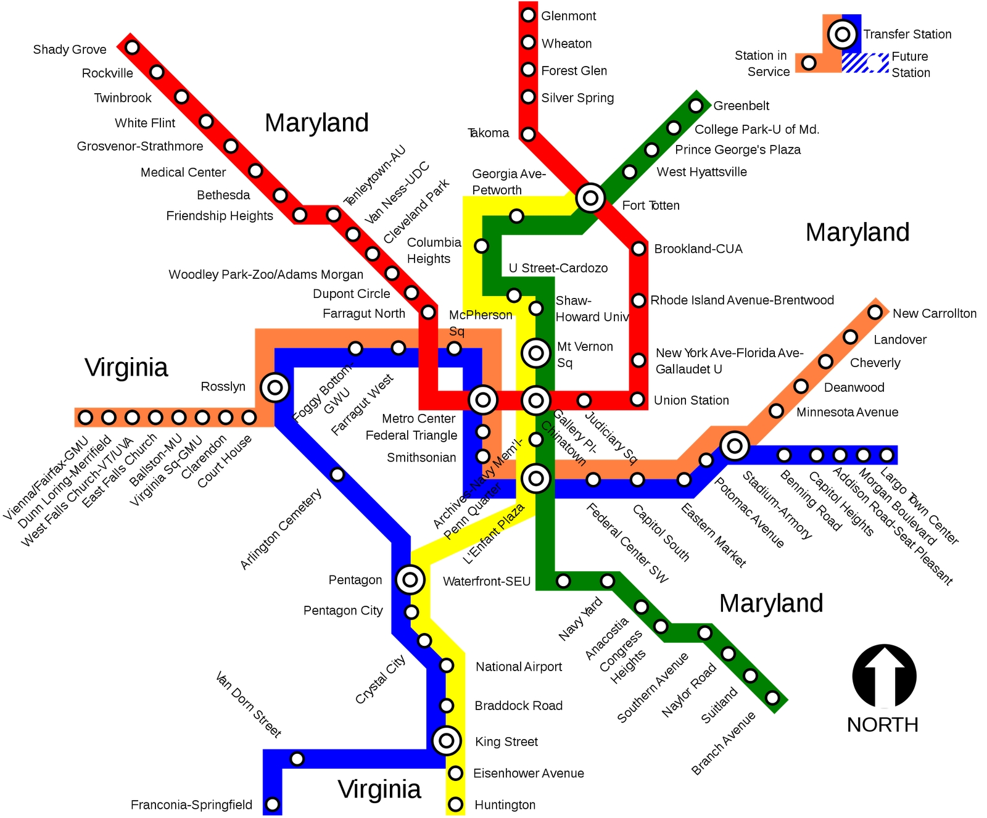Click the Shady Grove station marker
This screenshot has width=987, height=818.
coord(132,48)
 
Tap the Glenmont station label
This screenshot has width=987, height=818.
coord(568,16)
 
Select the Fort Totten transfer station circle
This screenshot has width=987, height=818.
coord(590,198)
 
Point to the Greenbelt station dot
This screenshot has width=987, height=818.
coord(696,105)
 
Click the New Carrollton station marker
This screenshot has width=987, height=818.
coord(875,312)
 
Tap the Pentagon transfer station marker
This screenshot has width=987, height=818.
coord(410,579)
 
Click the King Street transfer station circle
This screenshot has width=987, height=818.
coord(447,740)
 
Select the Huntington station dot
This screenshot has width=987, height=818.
coord(455,804)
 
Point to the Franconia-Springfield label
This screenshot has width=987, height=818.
coord(191,805)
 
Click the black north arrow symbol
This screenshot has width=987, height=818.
coord(884,676)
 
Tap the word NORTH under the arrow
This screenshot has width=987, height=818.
coord(882,725)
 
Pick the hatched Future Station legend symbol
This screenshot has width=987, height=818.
coord(865,63)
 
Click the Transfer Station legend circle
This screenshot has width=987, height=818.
coord(842,35)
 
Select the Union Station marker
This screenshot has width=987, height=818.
coord(638,400)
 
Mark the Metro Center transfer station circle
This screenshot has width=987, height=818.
coord(483,400)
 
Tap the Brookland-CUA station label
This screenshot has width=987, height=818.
coord(698,249)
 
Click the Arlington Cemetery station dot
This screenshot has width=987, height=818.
coord(337,474)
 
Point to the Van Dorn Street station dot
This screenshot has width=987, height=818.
coord(297,759)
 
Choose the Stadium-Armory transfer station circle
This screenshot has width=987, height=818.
coord(735,445)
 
